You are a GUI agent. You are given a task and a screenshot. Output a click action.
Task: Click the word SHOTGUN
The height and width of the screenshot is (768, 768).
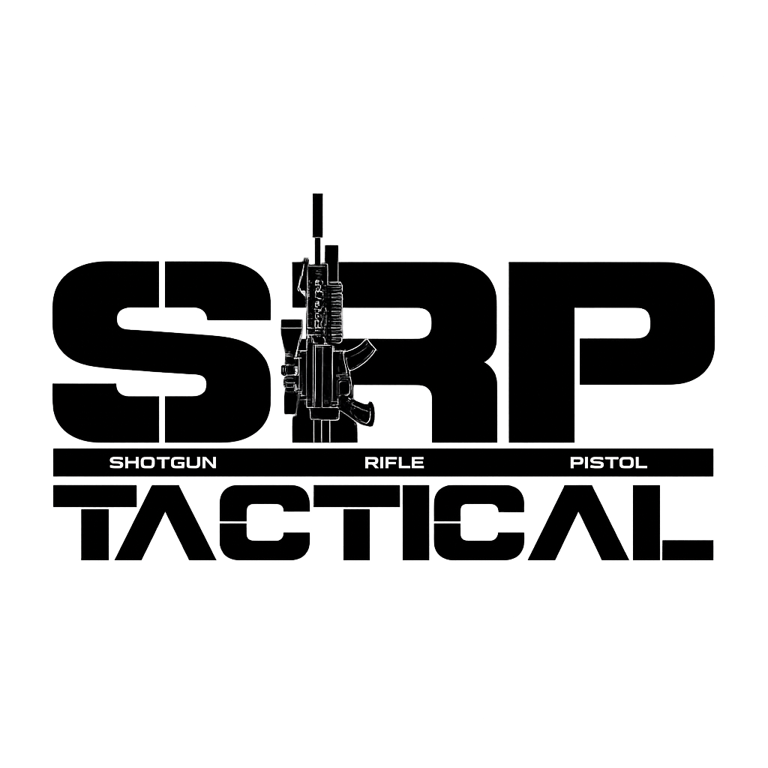(x=163, y=462)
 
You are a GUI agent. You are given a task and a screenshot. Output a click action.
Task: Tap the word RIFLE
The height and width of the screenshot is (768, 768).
(x=394, y=462)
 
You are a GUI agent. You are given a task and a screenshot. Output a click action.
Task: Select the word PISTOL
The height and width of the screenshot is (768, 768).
(x=608, y=462)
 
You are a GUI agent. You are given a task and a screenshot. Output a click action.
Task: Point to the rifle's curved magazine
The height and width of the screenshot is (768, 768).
(x=363, y=352)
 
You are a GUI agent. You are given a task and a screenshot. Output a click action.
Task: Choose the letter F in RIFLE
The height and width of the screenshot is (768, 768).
(x=392, y=462)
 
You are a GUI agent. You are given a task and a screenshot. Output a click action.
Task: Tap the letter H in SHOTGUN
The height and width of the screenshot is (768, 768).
(x=131, y=462)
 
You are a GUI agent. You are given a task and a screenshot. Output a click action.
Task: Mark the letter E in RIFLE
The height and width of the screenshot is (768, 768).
(x=418, y=462)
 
